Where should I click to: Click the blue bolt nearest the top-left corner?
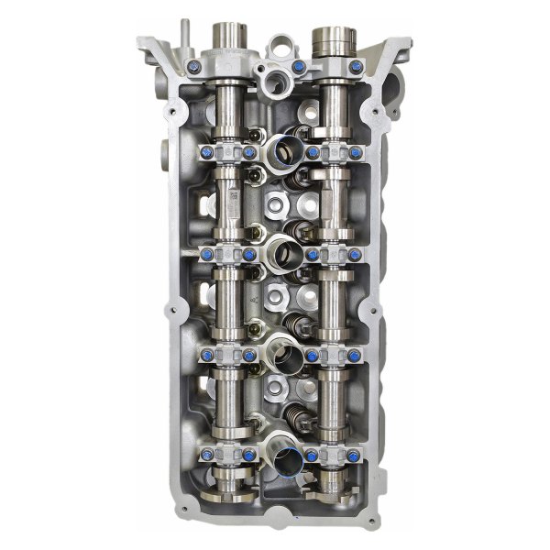point(193,67)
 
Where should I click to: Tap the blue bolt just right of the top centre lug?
point(300,67)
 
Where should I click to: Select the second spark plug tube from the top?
point(282,247)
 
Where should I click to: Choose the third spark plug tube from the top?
point(282,347)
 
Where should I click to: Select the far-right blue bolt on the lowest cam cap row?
point(355,455)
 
